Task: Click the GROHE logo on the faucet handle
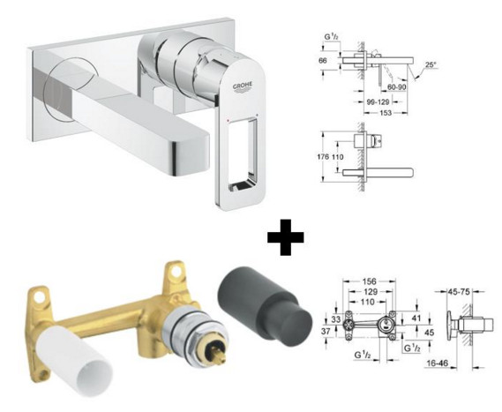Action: pos(243,86)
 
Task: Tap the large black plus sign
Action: pos(286,237)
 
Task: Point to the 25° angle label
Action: pos(431,64)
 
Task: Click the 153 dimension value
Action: pos(386,113)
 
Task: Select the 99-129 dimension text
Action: pos(378,101)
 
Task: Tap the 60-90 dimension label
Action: pos(397,86)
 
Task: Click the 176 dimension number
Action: pos(323,157)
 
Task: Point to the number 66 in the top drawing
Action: pos(324,60)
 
